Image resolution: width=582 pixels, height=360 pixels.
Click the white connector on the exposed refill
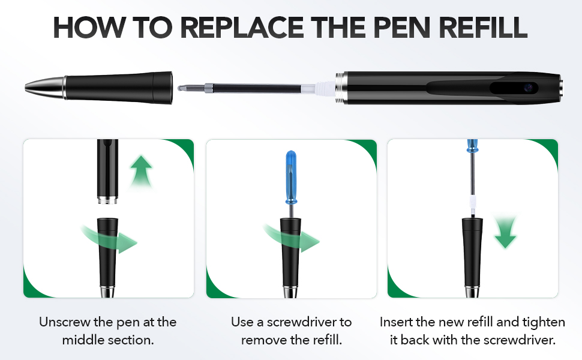[325, 88]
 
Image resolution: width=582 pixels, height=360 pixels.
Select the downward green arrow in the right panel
[505, 235]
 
